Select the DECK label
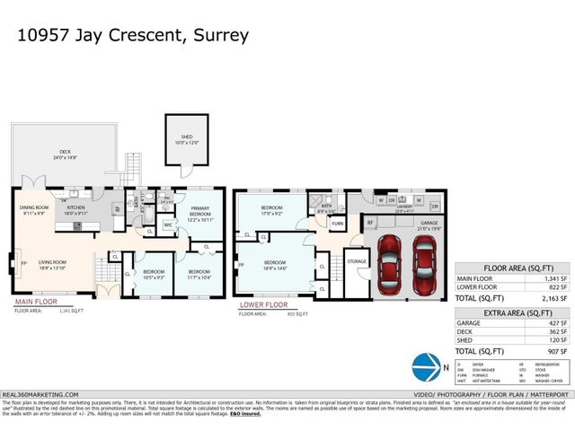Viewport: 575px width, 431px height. (65, 154)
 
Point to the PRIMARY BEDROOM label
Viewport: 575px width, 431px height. (199, 212)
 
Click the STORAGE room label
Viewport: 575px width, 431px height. (356, 263)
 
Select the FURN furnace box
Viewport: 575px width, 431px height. (338, 223)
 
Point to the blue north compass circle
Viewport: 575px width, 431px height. (425, 368)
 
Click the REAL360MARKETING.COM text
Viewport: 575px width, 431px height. (40, 394)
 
